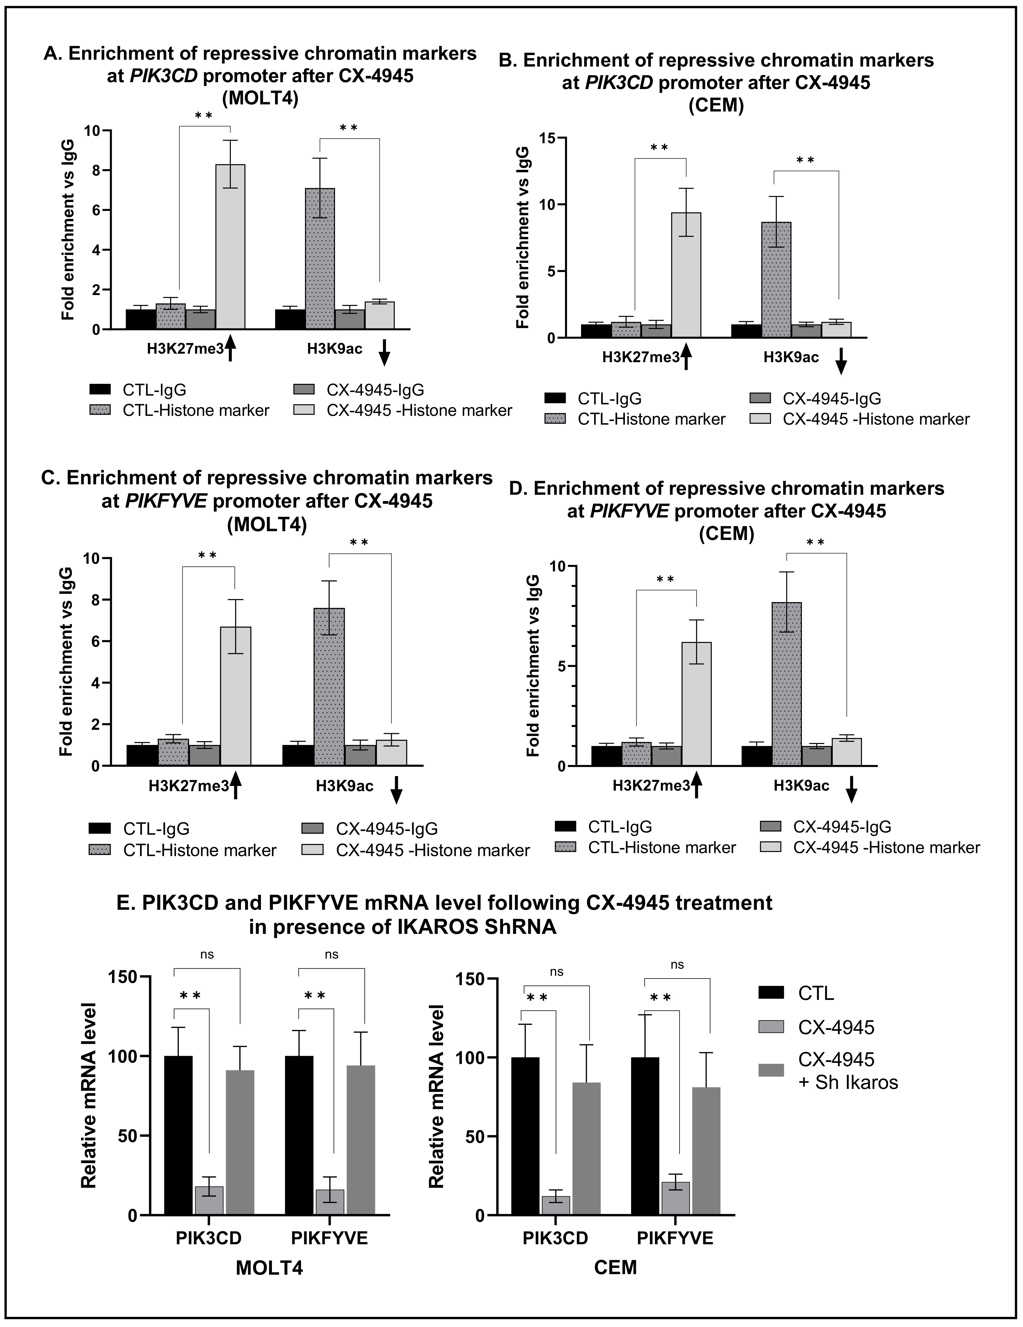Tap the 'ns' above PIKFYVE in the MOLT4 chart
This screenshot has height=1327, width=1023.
pos(331,954)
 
